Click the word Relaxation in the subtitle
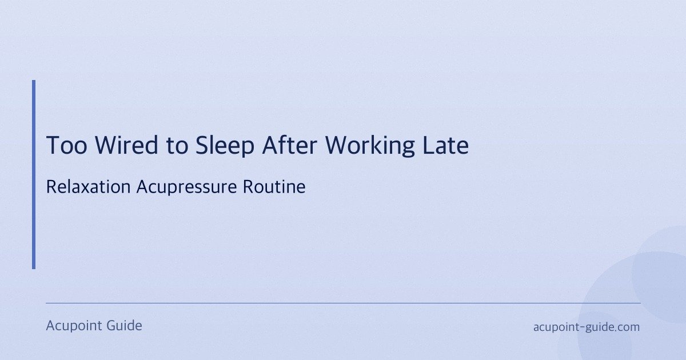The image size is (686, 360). [x=89, y=187]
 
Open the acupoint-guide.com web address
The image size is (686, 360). [x=586, y=327]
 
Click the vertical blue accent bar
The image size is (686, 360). [x=34, y=174]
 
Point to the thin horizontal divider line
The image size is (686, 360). [x=343, y=303]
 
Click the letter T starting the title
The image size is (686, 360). [x=53, y=146]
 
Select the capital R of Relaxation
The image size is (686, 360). [x=50, y=187]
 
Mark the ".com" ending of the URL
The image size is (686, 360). [x=627, y=327]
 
